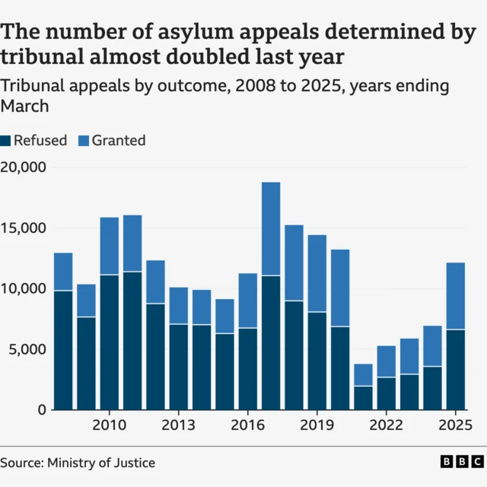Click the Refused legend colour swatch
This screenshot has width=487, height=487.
pos(6,141)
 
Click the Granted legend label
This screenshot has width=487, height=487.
pos(118,141)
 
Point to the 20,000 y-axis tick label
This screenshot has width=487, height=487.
pos(23,167)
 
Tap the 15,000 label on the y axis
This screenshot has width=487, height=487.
pos(23,228)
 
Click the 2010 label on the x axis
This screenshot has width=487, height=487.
pos(109,425)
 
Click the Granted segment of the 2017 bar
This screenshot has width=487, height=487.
pos(271,228)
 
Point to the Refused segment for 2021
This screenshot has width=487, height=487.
pos(364,398)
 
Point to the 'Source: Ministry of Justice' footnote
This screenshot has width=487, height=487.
pos(78,462)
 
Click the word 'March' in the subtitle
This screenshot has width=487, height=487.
pos(24,107)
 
